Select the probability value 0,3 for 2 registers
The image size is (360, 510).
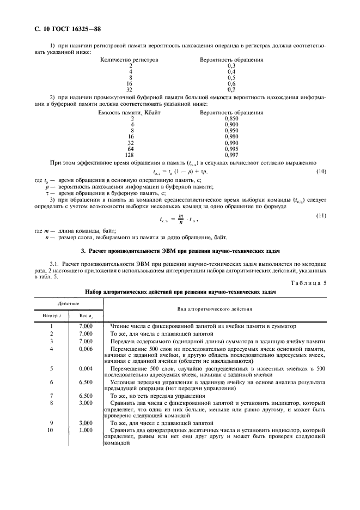231,65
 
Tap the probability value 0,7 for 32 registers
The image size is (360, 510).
231,89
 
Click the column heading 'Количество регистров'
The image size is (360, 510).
130,59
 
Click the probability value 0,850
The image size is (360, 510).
231,118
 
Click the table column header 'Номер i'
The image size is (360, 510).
52,315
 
